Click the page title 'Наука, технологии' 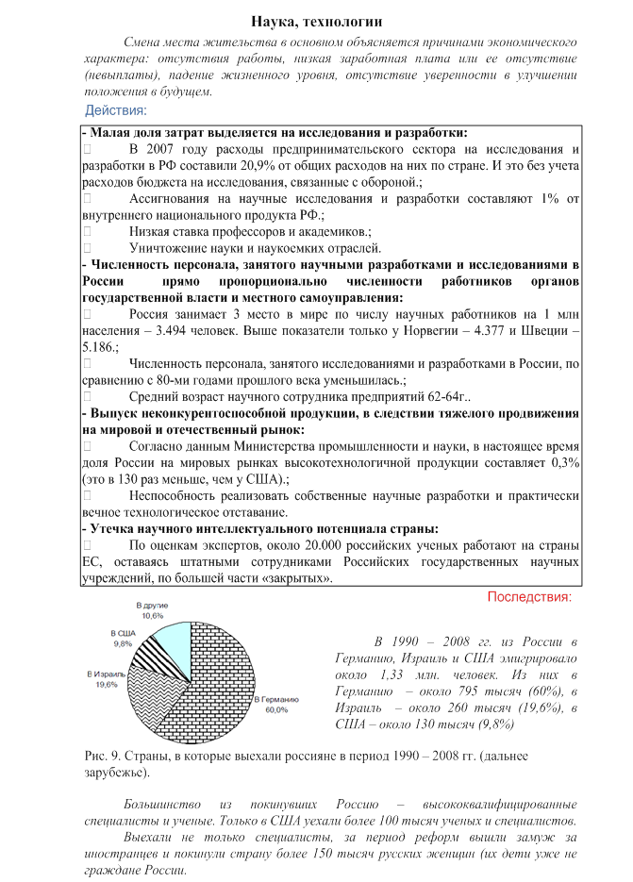(x=316, y=21)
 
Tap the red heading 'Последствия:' (x=529, y=597)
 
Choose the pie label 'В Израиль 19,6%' (x=105, y=680)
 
